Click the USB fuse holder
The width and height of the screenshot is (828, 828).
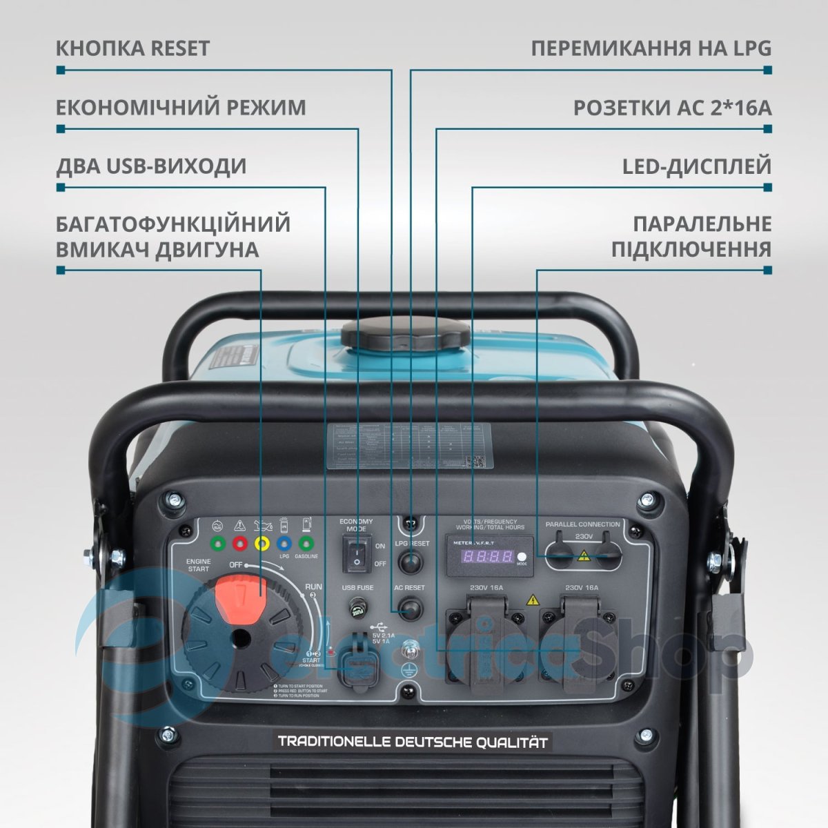pos(357,610)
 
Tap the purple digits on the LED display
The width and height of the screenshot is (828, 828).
pos(487,557)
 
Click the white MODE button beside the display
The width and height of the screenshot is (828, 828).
pos(522,557)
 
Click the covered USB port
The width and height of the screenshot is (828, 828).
pos(357,655)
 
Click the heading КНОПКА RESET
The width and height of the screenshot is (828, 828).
pos(132,49)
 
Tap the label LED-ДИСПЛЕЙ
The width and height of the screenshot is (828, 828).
pos(697,167)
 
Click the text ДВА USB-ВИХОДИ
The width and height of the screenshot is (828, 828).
pos(150,167)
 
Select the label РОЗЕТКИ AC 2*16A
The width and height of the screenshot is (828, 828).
pos(672,108)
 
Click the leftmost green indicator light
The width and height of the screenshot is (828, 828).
pos(217,543)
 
